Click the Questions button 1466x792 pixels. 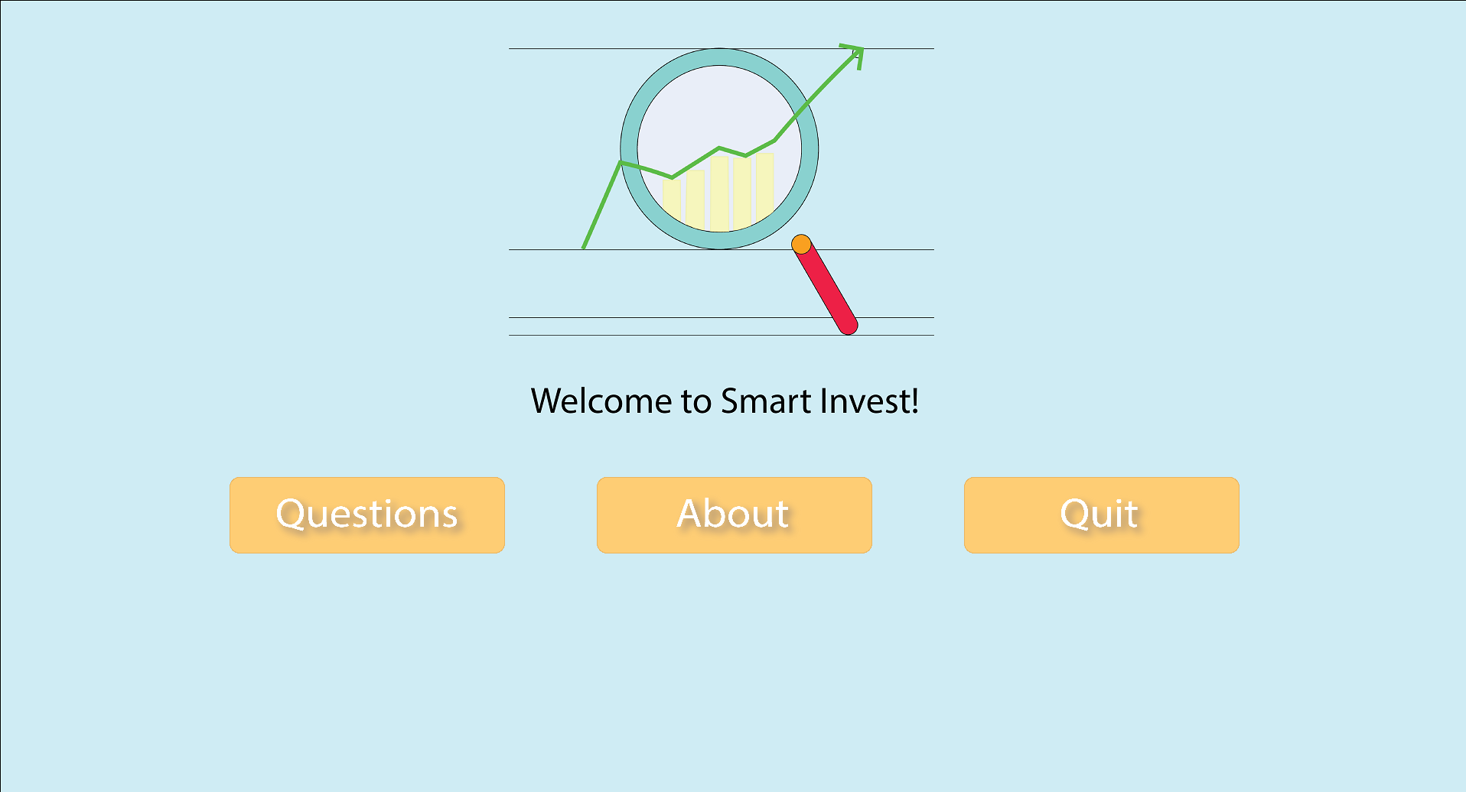366,514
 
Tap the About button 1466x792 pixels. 734,514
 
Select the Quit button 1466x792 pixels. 1101,514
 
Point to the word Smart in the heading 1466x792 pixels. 765,401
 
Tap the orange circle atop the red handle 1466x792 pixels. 801,245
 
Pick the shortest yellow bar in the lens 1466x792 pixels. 671,200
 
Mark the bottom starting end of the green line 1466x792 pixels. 584,247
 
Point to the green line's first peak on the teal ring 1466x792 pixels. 621,162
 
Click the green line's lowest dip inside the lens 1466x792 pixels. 672,177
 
